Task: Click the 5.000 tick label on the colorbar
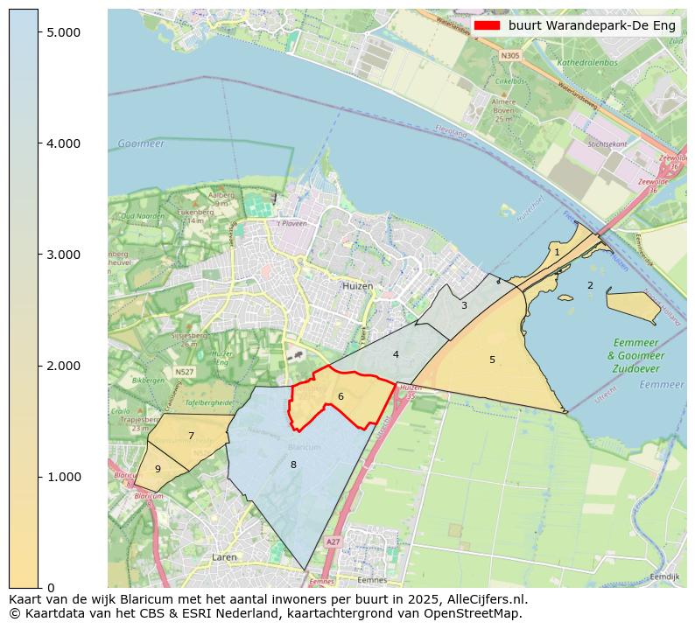62,32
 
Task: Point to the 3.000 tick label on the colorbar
62,255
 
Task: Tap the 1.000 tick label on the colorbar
62,477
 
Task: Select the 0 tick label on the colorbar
50,588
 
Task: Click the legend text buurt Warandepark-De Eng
592,25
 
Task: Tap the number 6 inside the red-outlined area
340,397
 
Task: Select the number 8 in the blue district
293,465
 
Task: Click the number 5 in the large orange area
492,360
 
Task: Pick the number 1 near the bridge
557,252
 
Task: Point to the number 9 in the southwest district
158,470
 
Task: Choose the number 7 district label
191,436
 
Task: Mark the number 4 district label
396,354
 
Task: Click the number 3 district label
464,305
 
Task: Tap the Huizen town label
357,286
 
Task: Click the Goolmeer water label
140,143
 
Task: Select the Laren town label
224,556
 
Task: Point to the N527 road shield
184,372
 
